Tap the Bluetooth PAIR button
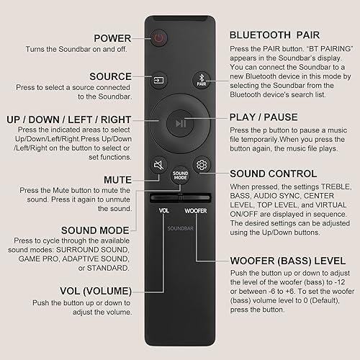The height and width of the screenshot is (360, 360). tap(201, 81)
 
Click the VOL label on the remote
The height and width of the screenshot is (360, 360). tap(163, 211)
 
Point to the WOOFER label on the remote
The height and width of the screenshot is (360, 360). tap(195, 211)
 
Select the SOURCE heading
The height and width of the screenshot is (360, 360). tap(109, 76)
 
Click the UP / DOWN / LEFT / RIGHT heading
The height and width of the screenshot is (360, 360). tap(71, 117)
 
